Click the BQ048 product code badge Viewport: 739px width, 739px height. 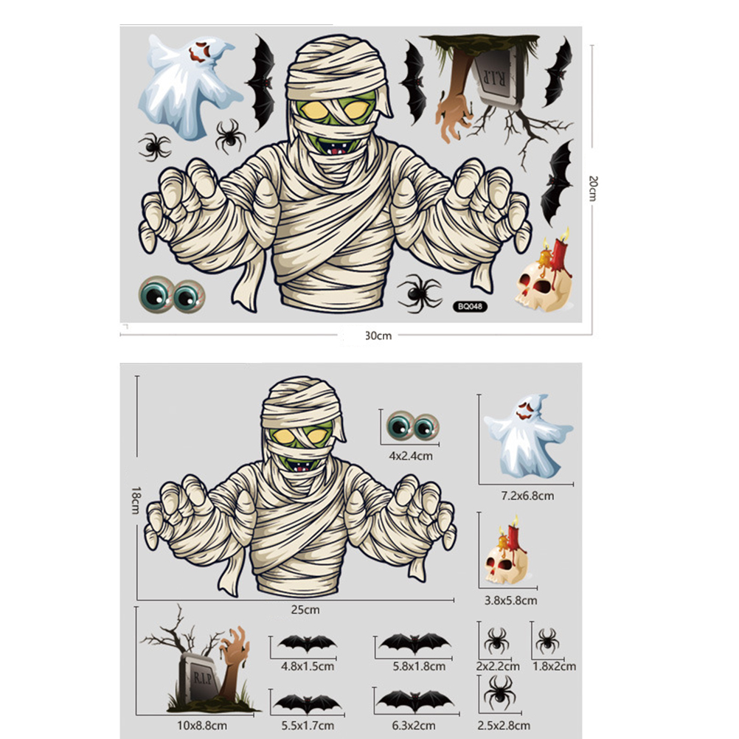tap(470, 306)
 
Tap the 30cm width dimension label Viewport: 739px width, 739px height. tap(378, 336)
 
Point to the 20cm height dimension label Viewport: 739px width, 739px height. tap(593, 188)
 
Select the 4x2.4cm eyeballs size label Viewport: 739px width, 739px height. tap(411, 456)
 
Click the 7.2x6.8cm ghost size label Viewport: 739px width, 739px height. tap(527, 496)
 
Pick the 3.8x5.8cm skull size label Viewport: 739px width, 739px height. tap(511, 600)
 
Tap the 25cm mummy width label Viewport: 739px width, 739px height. tap(305, 609)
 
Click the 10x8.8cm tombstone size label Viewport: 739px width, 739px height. tap(202, 725)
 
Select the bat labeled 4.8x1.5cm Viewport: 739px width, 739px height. tap(308, 643)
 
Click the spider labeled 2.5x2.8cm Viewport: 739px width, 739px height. tap(499, 693)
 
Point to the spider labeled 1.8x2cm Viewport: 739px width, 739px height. tap(547, 640)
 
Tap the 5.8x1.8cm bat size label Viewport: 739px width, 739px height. tap(419, 667)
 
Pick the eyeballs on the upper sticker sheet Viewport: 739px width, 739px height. tap(172, 295)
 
